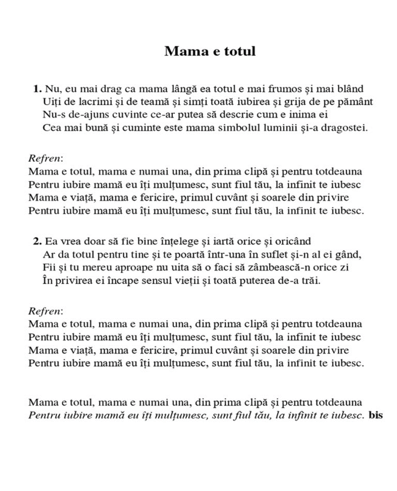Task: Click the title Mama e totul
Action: point(210,51)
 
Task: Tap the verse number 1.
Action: point(37,89)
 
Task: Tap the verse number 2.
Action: point(37,241)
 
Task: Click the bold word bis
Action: point(376,415)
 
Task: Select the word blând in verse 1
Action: point(350,89)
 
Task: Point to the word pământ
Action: point(354,102)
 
